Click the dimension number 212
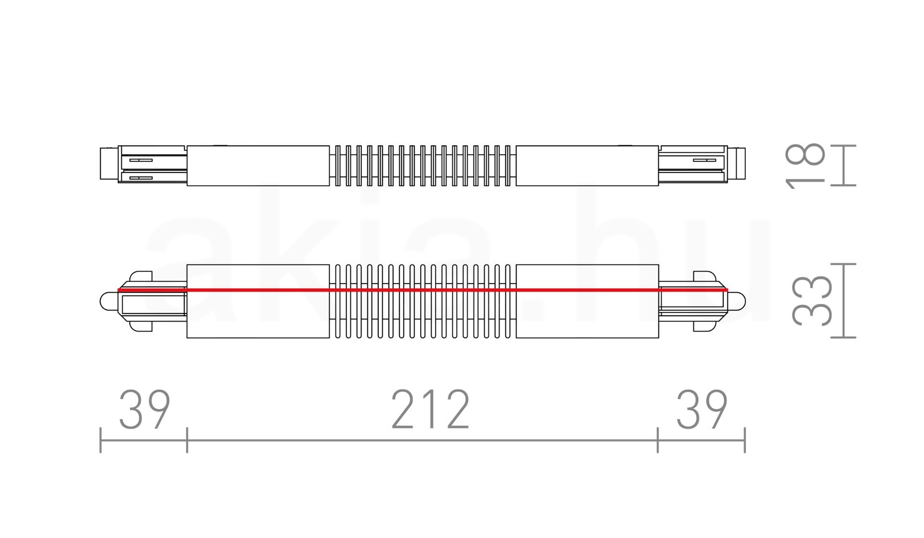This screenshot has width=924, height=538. (x=430, y=409)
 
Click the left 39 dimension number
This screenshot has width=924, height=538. (x=144, y=409)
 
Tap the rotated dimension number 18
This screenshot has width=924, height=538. (x=805, y=165)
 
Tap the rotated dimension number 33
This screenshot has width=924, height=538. (x=812, y=300)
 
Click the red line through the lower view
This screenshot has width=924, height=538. (x=423, y=290)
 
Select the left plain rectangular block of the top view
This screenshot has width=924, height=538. (x=258, y=165)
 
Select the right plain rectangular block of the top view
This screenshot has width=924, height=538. (x=587, y=165)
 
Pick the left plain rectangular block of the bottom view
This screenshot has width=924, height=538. (x=258, y=301)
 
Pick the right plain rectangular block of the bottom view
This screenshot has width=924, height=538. (x=587, y=301)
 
